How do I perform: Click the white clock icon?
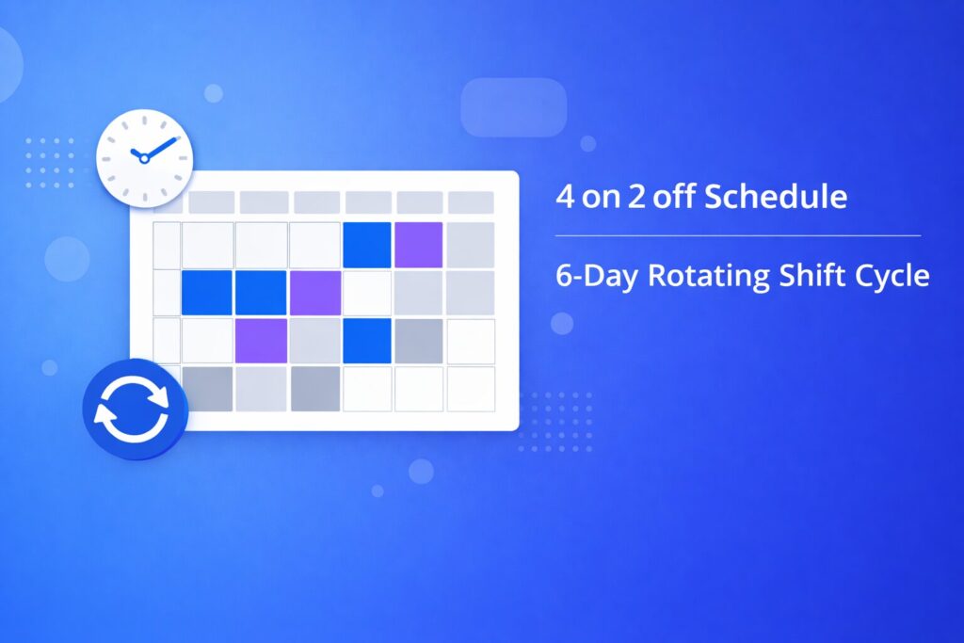coord(144,156)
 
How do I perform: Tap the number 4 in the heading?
coord(563,198)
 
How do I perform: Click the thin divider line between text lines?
coord(738,235)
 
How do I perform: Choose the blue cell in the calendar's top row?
coord(367,245)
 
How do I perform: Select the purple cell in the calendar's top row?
coord(418,245)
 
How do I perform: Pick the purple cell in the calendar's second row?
coord(313,293)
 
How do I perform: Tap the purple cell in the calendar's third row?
coord(260,340)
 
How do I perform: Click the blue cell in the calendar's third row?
coord(367,340)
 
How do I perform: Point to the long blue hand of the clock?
coord(162,147)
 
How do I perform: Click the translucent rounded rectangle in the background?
coord(513,107)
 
